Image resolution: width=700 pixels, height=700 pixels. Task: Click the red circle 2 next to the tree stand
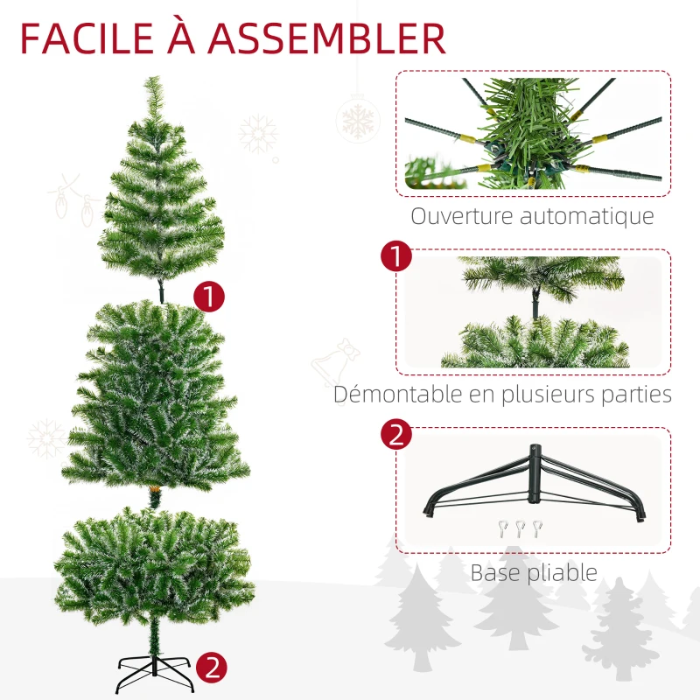point(211,668)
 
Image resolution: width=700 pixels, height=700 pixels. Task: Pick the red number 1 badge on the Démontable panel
point(395,257)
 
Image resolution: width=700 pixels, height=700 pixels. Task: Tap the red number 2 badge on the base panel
point(395,435)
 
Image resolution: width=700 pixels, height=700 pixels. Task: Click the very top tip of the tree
point(157,80)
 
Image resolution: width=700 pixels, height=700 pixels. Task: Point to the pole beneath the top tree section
point(162,289)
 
